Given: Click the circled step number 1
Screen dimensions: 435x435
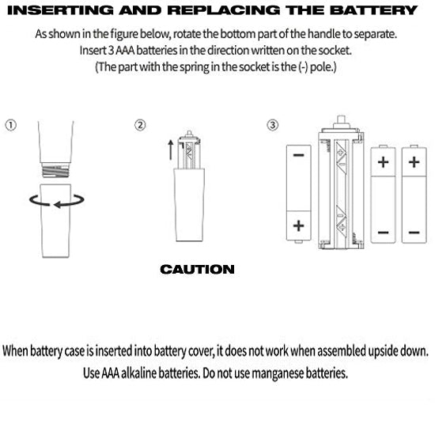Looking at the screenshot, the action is tap(11, 125).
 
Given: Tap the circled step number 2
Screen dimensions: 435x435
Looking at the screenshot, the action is tap(140, 125).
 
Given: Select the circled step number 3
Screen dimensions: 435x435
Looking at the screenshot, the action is tap(272, 125).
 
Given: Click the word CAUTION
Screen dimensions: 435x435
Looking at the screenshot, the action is tap(197, 270).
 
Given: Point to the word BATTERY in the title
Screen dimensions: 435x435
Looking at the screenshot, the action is tap(373, 10).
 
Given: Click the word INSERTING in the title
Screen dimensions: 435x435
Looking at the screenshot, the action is tap(60, 10).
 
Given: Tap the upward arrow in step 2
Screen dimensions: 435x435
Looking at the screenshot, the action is tap(171, 149).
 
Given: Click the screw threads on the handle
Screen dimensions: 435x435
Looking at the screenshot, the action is tap(55, 170).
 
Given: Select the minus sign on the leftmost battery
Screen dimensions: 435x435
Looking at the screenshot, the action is tap(298, 155).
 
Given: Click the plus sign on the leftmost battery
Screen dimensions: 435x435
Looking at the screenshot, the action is tap(298, 226).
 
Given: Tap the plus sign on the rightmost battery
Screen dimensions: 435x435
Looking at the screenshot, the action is tap(414, 162).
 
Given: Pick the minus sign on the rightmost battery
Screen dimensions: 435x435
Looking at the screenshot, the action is tap(414, 233).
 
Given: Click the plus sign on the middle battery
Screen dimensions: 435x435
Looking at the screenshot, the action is tap(383, 162).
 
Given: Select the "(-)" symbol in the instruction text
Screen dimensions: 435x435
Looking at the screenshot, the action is tap(303, 67).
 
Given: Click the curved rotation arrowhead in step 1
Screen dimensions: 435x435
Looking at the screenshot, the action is tap(58, 205).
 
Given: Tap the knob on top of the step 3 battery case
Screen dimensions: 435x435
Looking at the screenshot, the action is tap(341, 122).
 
